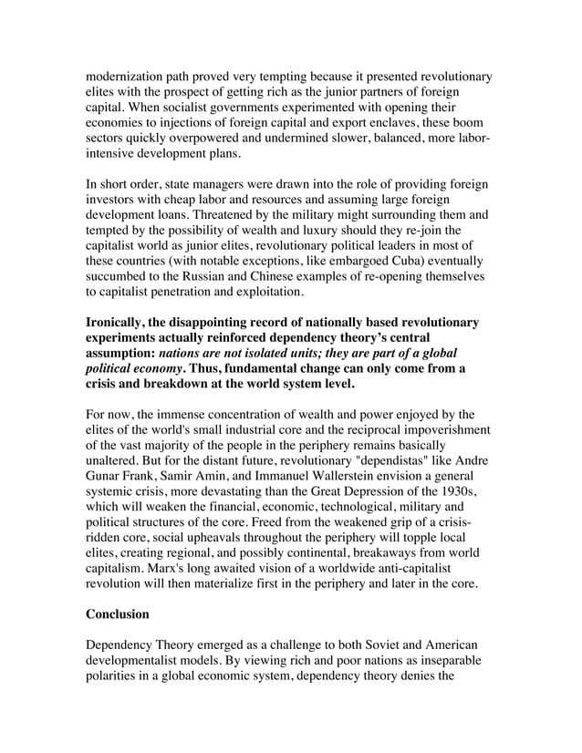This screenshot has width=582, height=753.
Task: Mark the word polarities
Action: pyautogui.click(x=118, y=677)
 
